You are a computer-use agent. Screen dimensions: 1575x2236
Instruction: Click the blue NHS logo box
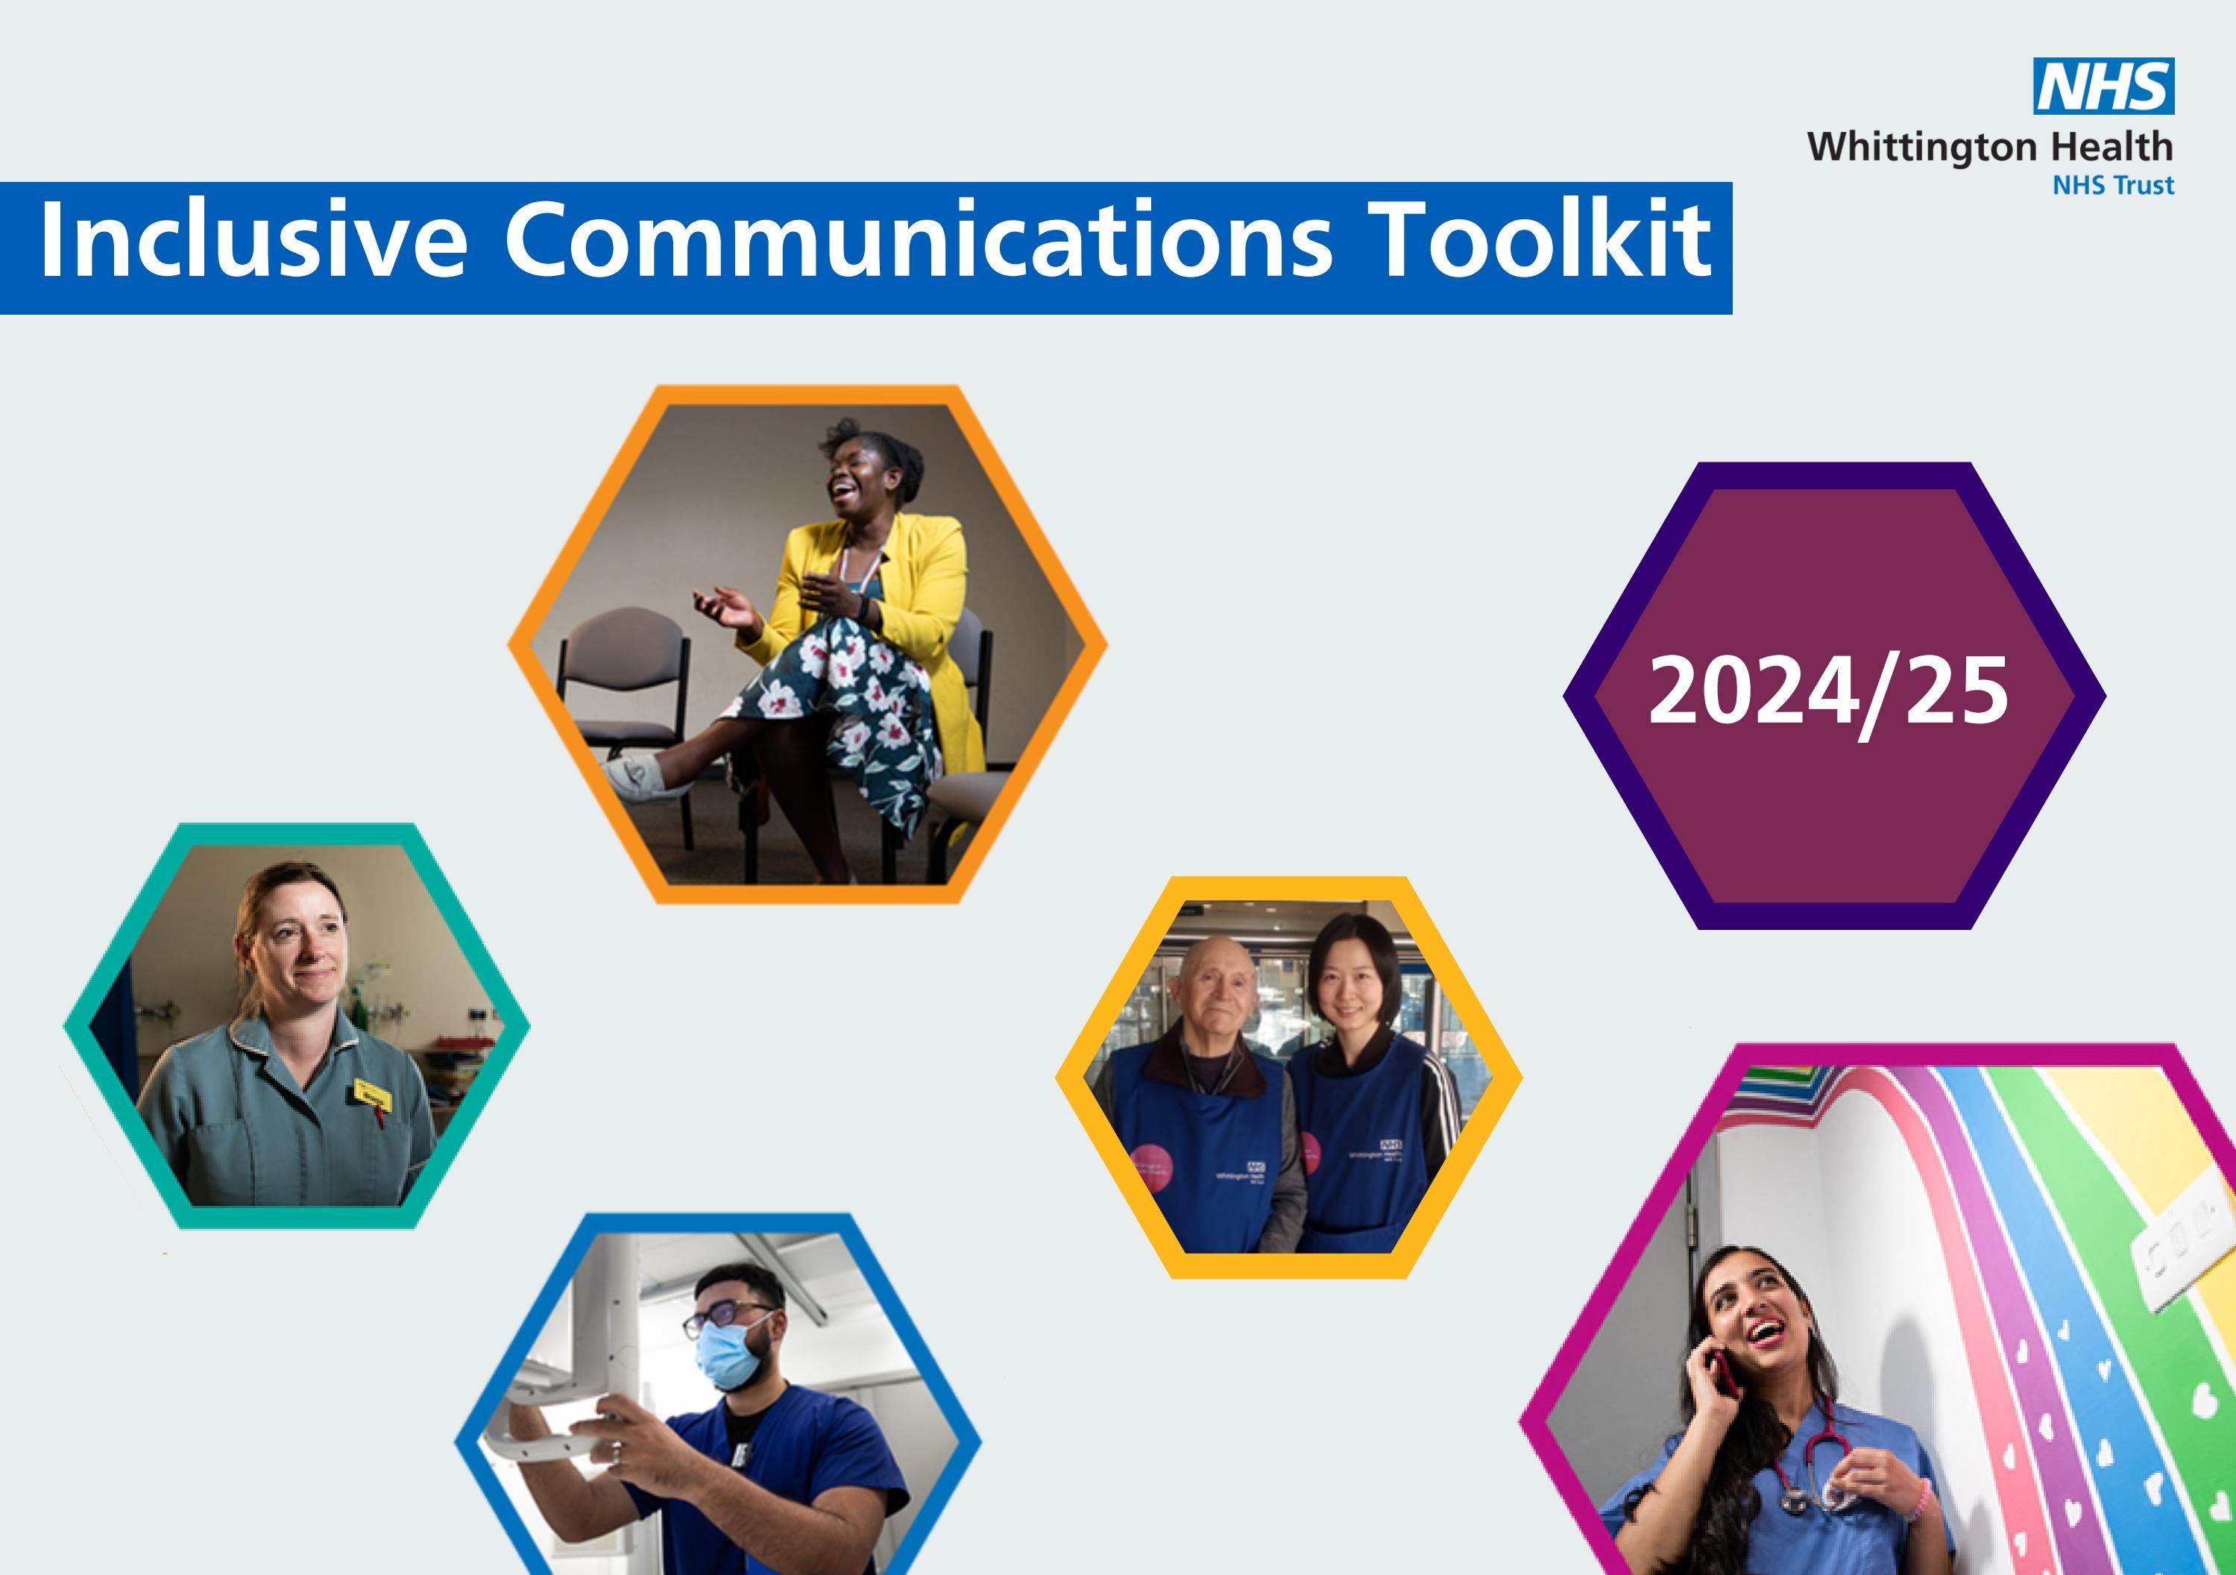[2103, 87]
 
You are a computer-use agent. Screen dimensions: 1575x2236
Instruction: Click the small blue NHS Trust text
[2112, 185]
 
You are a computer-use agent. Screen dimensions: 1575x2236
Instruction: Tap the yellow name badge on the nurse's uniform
[372, 1094]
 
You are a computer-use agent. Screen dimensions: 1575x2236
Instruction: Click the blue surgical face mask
[731, 1354]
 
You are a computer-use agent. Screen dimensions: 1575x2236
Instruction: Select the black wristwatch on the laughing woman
[866, 610]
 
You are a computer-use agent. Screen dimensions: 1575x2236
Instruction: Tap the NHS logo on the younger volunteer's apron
[1391, 1145]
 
